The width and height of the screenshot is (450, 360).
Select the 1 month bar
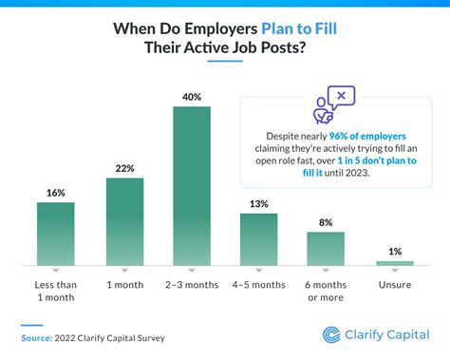[123, 220]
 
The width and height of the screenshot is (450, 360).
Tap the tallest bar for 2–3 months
[191, 185]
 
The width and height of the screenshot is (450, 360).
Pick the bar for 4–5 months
[258, 238]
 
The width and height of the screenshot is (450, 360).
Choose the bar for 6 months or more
[326, 248]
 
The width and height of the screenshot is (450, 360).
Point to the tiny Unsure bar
[394, 262]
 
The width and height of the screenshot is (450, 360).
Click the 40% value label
[191, 96]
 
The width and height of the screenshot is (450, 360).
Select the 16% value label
[56, 192]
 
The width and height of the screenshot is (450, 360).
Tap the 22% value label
[123, 168]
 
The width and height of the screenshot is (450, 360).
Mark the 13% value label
[258, 203]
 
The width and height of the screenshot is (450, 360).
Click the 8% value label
[326, 222]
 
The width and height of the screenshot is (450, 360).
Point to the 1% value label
[394, 250]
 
